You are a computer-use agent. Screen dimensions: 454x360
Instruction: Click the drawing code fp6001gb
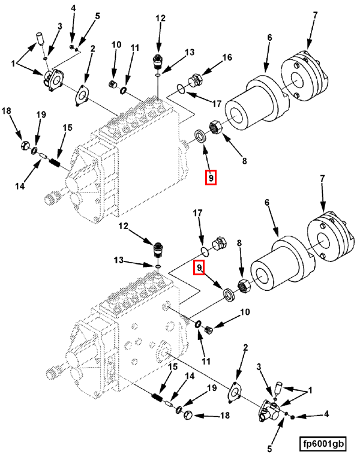[324, 444]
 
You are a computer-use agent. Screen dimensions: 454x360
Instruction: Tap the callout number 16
[227, 58]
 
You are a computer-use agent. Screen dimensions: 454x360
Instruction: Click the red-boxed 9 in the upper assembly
[211, 178]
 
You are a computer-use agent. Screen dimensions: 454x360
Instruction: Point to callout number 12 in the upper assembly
[160, 19]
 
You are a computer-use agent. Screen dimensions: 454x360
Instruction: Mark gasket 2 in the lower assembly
[236, 390]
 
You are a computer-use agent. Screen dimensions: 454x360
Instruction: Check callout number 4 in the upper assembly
[73, 8]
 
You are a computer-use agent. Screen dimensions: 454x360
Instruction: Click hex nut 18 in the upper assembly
[25, 145]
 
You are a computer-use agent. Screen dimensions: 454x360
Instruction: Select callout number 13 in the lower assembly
[119, 260]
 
